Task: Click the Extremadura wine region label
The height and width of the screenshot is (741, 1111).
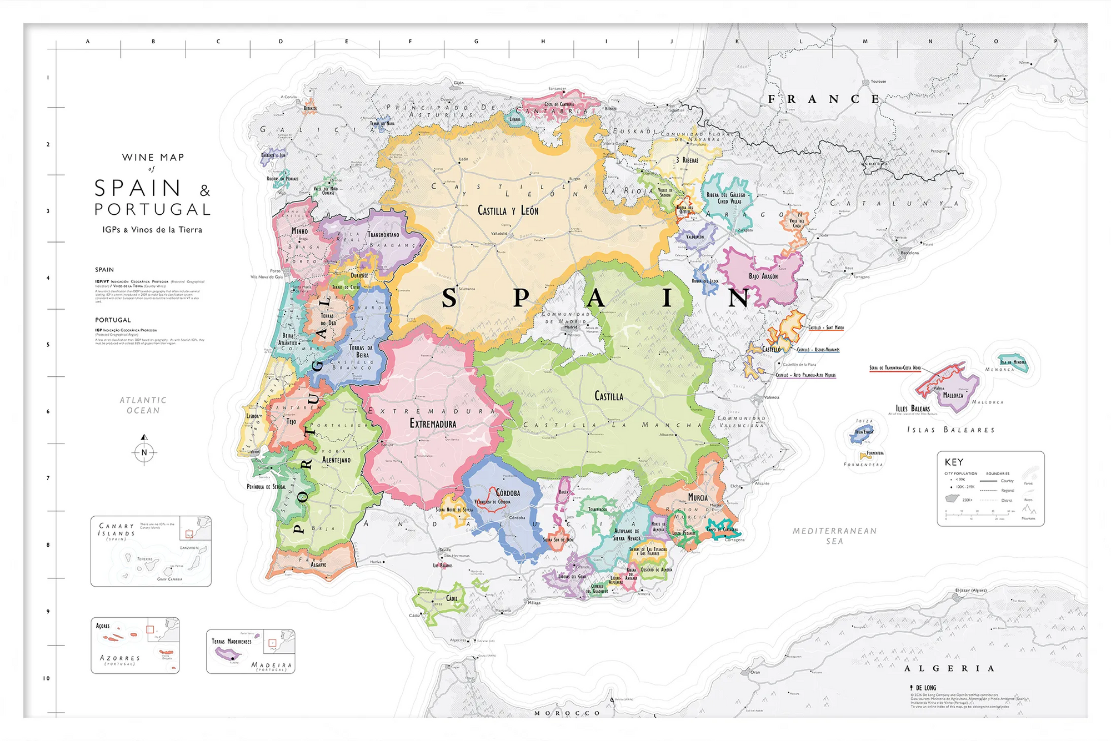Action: [x=433, y=424]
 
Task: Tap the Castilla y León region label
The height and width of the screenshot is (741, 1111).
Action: [x=508, y=211]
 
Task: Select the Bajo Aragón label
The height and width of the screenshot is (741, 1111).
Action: [x=763, y=276]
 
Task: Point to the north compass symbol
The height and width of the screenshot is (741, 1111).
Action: [x=144, y=452]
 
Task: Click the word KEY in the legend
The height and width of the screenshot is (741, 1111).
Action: [x=954, y=462]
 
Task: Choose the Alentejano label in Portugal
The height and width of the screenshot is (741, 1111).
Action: [x=336, y=460]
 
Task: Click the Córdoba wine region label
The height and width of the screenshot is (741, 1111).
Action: [x=508, y=493]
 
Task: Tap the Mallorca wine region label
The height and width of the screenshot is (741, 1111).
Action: [x=953, y=396]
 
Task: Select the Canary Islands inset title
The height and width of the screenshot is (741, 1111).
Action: [x=117, y=530]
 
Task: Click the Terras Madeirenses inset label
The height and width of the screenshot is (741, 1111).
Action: [x=231, y=642]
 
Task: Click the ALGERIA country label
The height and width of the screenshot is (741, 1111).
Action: [x=949, y=669]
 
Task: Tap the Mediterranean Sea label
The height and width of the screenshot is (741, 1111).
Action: [x=834, y=536]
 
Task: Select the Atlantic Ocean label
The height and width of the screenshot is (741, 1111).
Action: [x=143, y=405]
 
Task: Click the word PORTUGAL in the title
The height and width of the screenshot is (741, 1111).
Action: [x=152, y=210]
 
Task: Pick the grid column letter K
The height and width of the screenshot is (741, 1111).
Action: [x=737, y=42]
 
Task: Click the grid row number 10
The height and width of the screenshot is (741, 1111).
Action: [x=47, y=678]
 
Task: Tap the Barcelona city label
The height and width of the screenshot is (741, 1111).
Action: [x=909, y=253]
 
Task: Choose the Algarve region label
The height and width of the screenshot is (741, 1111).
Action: [x=318, y=565]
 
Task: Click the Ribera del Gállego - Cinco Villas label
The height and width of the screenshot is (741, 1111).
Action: [x=729, y=198]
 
